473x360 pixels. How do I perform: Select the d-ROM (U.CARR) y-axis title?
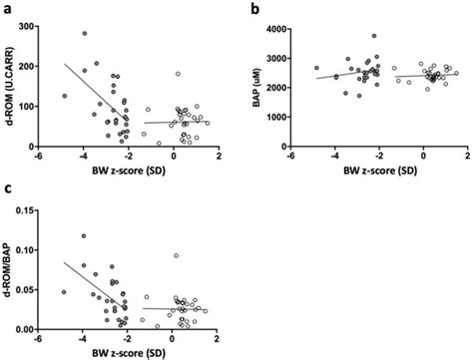(x=12, y=85)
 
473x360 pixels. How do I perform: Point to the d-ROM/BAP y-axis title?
(x=12, y=268)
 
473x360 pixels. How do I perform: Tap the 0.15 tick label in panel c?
(x=43, y=208)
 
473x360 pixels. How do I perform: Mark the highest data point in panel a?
(x=85, y=33)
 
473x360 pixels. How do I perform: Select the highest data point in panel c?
(x=84, y=236)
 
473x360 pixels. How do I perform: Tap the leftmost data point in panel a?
(x=64, y=97)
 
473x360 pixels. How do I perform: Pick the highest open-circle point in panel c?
(x=177, y=256)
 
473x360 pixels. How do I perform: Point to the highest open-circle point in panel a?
(x=177, y=74)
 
